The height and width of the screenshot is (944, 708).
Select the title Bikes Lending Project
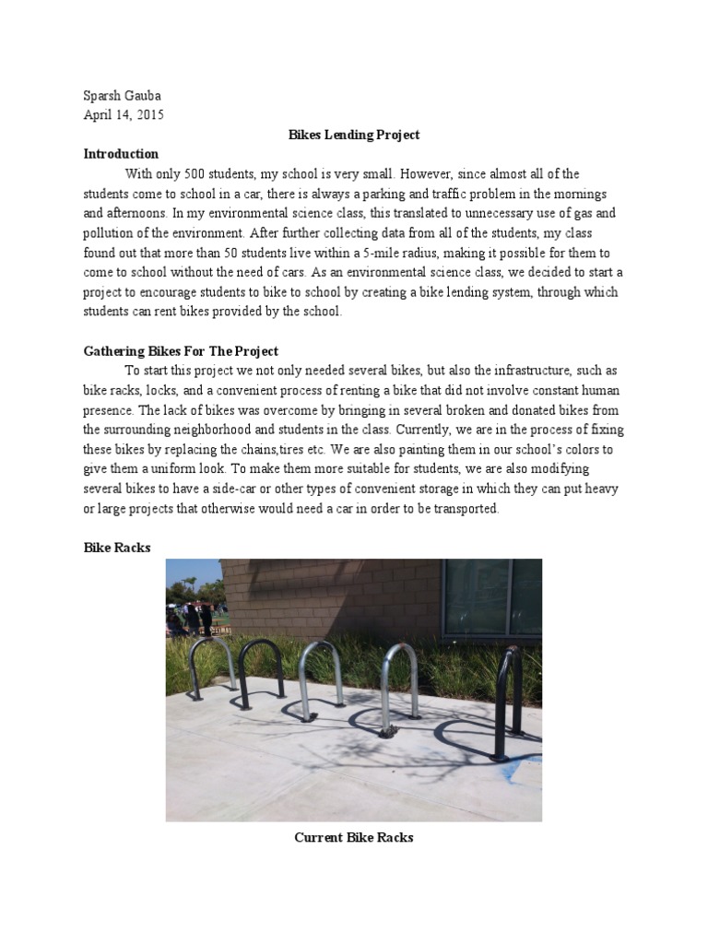[x=354, y=135]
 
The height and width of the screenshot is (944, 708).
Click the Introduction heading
[x=121, y=154]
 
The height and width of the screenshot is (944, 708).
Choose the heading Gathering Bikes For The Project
[x=181, y=351]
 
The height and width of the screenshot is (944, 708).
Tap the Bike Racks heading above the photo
[x=117, y=548]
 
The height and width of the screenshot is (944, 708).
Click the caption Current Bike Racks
[x=354, y=837]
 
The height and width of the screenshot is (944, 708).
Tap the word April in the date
[x=99, y=115]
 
